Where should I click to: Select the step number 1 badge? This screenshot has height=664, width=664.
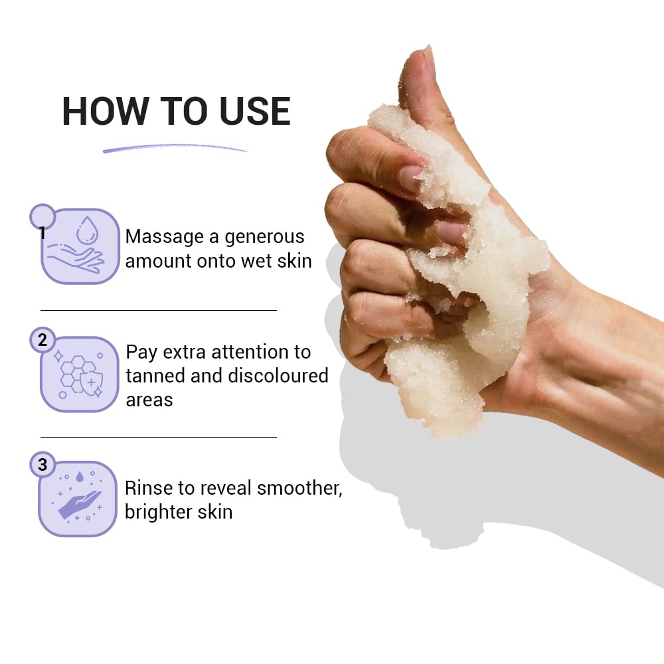[42, 216]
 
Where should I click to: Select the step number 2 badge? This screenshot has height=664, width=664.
[42, 341]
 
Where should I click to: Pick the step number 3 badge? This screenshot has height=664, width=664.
[42, 465]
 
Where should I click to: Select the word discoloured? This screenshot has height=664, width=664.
[278, 376]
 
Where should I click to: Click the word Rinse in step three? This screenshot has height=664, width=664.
[146, 488]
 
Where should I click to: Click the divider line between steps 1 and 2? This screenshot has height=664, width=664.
[158, 310]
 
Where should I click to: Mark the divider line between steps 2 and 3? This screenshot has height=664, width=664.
[158, 437]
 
